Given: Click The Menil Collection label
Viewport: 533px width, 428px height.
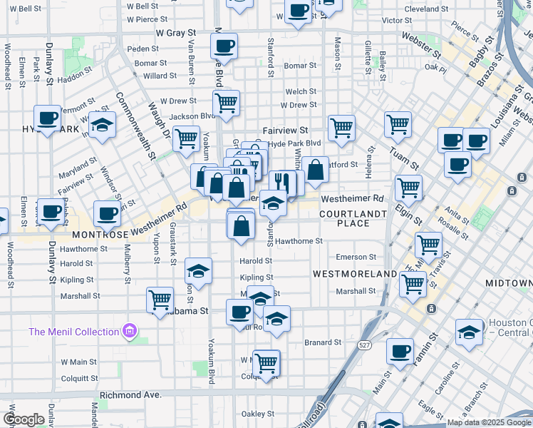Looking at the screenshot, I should [x=73, y=332].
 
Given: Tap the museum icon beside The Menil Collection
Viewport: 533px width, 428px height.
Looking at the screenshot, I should [x=129, y=331].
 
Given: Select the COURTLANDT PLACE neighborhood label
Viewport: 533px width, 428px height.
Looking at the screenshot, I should [x=354, y=218].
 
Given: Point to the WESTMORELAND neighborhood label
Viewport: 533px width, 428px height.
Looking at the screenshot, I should [x=354, y=274].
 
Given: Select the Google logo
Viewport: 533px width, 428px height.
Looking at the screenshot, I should [x=24, y=419].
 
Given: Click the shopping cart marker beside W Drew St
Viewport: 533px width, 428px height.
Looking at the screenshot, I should [x=226, y=103].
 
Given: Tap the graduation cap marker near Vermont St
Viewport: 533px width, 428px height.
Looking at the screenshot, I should [x=103, y=126].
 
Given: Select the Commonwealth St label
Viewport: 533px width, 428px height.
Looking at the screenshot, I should [x=136, y=127].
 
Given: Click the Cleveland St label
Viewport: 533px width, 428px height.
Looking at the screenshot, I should [x=425, y=9].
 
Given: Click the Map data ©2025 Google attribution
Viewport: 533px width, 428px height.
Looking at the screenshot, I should [x=488, y=422].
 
